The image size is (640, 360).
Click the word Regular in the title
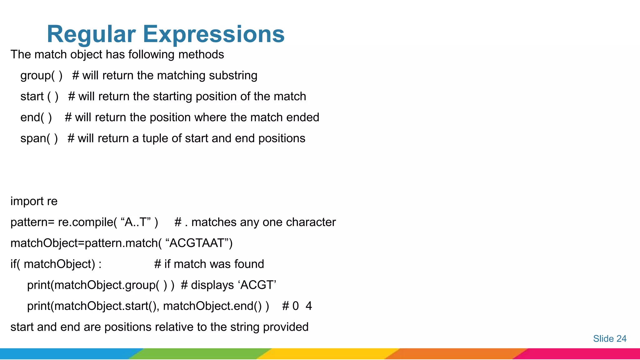click(91, 34)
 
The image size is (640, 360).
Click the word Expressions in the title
click(214, 34)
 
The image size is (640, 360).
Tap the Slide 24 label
click(610, 338)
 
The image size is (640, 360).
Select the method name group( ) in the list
click(41, 76)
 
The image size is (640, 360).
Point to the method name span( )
click(39, 138)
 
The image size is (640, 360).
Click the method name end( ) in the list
click(36, 117)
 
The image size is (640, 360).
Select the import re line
click(34, 201)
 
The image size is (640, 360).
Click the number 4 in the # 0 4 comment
click(309, 306)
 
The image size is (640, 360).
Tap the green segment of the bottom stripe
click(200, 354)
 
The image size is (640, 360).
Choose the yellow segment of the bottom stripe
click(328, 354)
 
